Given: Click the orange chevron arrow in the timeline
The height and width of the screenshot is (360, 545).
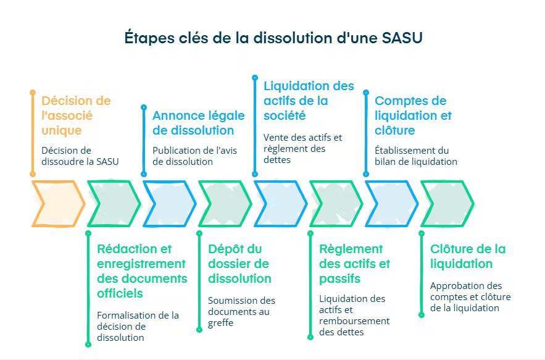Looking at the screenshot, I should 57,203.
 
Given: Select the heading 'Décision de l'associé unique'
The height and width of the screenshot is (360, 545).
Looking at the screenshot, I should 76,115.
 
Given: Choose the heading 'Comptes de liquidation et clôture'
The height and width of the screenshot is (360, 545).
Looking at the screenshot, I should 413,115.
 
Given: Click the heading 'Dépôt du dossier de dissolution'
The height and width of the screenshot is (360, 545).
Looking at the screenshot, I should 239,264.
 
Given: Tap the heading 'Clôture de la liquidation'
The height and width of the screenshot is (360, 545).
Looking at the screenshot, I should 467,256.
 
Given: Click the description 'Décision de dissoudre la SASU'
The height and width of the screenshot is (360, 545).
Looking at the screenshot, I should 80,156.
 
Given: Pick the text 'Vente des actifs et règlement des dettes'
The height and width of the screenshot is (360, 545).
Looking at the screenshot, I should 302,148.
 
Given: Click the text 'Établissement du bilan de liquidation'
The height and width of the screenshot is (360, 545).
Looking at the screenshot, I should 415,156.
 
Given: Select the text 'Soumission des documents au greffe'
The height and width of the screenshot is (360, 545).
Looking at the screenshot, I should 241,311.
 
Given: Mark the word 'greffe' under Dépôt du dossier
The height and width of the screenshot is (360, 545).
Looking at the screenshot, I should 221,322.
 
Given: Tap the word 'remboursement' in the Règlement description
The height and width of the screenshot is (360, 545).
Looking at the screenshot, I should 354,321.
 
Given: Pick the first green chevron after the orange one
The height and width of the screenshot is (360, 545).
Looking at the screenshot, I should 114,203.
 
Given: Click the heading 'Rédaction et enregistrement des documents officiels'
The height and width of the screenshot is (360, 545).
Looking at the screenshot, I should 141,271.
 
